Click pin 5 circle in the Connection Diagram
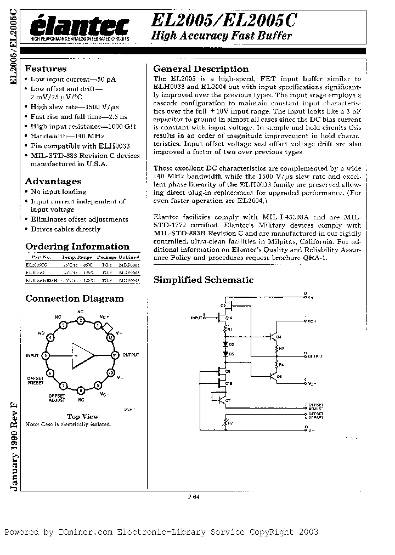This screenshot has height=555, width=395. [x=46, y=355]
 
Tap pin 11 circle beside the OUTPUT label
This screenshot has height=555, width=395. [x=115, y=355]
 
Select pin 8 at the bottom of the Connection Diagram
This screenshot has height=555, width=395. [x=81, y=390]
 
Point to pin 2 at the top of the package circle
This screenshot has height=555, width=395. [x=81, y=320]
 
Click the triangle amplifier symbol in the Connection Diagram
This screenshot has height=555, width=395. [x=81, y=355]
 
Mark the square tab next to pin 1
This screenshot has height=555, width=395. [x=108, y=329]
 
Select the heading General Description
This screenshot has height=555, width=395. [x=201, y=69]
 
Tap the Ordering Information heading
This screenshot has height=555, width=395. [x=77, y=247]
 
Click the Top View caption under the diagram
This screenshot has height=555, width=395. [x=82, y=417]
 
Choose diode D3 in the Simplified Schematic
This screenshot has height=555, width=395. [x=225, y=344]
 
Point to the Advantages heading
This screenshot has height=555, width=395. [x=53, y=181]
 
